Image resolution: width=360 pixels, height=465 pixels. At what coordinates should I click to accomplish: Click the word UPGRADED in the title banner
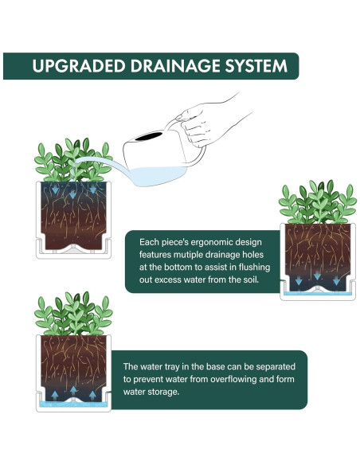[x=79, y=66]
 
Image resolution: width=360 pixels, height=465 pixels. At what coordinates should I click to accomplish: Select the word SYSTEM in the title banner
[x=256, y=66]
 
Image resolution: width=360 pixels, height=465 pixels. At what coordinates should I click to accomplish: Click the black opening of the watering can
[x=149, y=136]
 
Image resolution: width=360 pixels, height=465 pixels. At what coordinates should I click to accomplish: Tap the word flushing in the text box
[x=254, y=268]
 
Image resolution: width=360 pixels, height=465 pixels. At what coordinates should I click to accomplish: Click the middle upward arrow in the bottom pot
[x=73, y=391]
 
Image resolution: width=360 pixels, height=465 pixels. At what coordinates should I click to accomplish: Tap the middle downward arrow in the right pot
[x=317, y=275]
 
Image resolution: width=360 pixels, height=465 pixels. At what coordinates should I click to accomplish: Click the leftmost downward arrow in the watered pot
[x=55, y=189]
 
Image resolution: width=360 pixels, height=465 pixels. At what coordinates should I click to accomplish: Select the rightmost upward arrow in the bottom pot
[x=92, y=395]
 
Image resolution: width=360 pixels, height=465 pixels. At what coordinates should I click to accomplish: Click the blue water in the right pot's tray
[x=318, y=294]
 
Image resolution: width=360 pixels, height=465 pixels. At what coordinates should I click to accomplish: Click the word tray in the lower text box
[x=172, y=367]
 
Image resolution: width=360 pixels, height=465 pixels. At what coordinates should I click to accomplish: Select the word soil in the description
[x=252, y=279]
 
